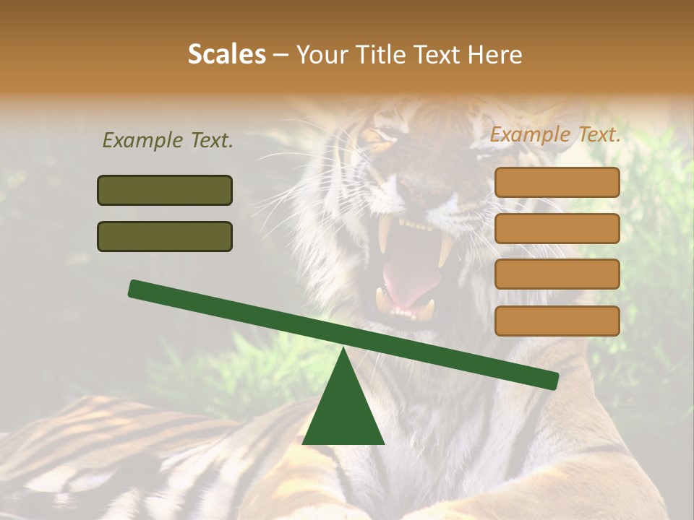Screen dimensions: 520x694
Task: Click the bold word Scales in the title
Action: pyautogui.click(x=226, y=55)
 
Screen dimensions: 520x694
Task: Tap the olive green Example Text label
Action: pyautogui.click(x=168, y=140)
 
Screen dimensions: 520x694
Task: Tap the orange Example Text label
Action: pyautogui.click(x=555, y=134)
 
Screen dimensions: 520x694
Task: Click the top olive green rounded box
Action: pyautogui.click(x=165, y=191)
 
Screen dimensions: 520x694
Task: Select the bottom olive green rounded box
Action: pyautogui.click(x=165, y=236)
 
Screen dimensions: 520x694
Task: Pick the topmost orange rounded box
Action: pyautogui.click(x=557, y=182)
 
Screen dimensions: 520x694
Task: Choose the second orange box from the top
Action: pyautogui.click(x=557, y=228)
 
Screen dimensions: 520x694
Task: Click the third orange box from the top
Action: pyautogui.click(x=557, y=274)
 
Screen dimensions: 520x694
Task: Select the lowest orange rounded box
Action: pyautogui.click(x=557, y=321)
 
